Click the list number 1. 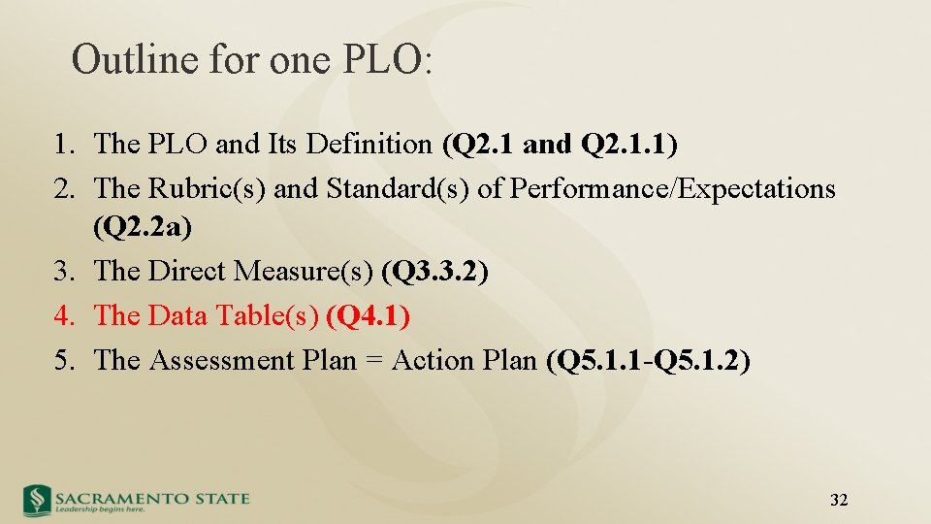[64, 145]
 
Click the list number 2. [64, 188]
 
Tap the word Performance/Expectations [672, 188]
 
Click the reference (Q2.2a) [143, 228]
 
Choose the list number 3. [64, 272]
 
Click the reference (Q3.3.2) [435, 272]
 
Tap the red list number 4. [64, 315]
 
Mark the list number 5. [64, 360]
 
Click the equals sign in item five [371, 361]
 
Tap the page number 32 [840, 500]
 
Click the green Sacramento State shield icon [38, 500]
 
